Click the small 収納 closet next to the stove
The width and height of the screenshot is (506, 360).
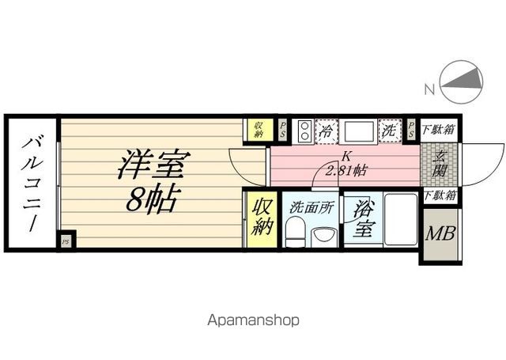coord(258,130)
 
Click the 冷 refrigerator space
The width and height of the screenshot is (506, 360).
coord(326,131)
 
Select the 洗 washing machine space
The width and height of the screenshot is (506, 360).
coord(389,131)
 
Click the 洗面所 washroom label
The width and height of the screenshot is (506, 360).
coord(310,209)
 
